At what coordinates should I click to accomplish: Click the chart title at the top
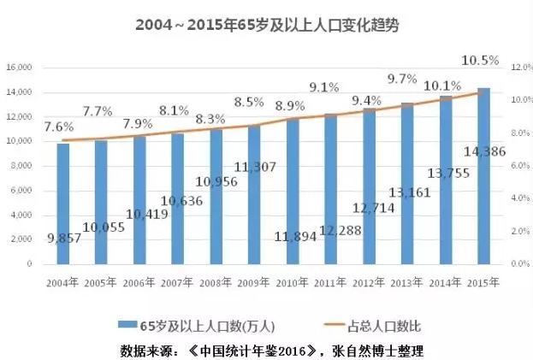point(267,26)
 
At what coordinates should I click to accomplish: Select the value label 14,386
point(483,152)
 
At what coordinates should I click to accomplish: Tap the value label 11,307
point(254,167)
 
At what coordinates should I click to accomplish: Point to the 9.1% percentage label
point(324,86)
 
